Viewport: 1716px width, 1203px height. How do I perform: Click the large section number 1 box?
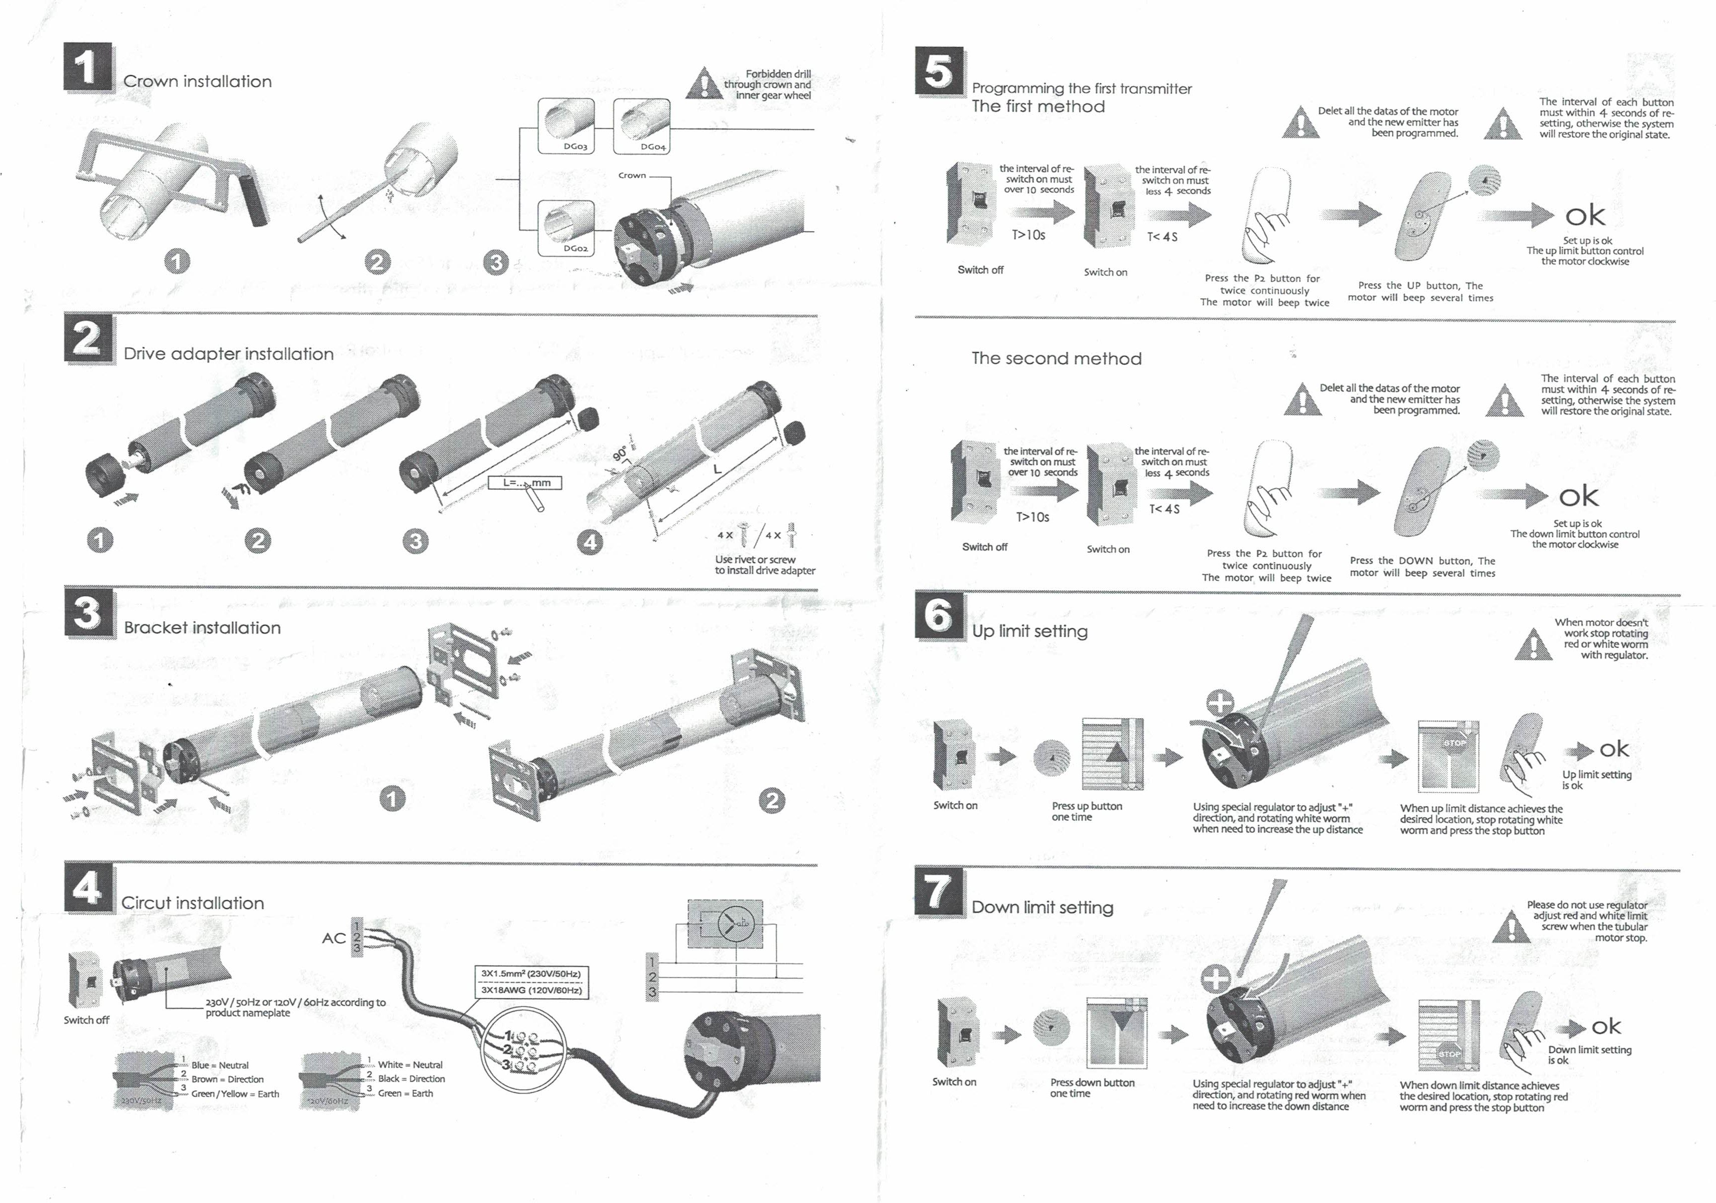88,68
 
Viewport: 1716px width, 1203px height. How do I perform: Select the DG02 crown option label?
575,248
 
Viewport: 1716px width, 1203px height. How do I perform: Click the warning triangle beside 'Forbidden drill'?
703,84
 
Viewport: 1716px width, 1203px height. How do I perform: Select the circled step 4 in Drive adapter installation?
590,541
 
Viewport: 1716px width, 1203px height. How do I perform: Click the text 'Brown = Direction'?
227,1079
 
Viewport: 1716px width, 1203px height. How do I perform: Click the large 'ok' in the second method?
1579,496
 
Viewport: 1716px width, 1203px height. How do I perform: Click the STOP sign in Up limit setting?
1454,743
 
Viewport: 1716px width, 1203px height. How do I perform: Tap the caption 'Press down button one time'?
1091,1088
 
